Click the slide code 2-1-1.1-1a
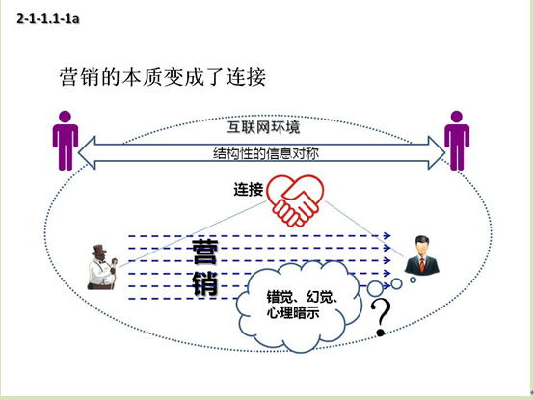coord(48,18)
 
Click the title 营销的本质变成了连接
coord(163,77)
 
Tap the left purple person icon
coord(65,141)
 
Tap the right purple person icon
coord(457,141)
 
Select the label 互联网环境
coord(263,127)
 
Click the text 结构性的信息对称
coord(266,153)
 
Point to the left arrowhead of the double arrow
coord(87,153)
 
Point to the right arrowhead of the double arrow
coord(437,153)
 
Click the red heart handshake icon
coord(295,200)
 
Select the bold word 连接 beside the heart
coord(249,189)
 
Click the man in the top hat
coord(103,268)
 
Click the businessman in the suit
coord(421,255)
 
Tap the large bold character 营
coord(204,252)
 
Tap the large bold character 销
coord(204,283)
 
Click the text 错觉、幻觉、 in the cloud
coord(303,297)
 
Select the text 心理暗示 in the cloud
coord(293,312)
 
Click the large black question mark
coord(381,317)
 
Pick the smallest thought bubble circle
coord(414,280)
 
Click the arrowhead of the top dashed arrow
coord(387,235)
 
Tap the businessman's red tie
coord(422,265)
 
